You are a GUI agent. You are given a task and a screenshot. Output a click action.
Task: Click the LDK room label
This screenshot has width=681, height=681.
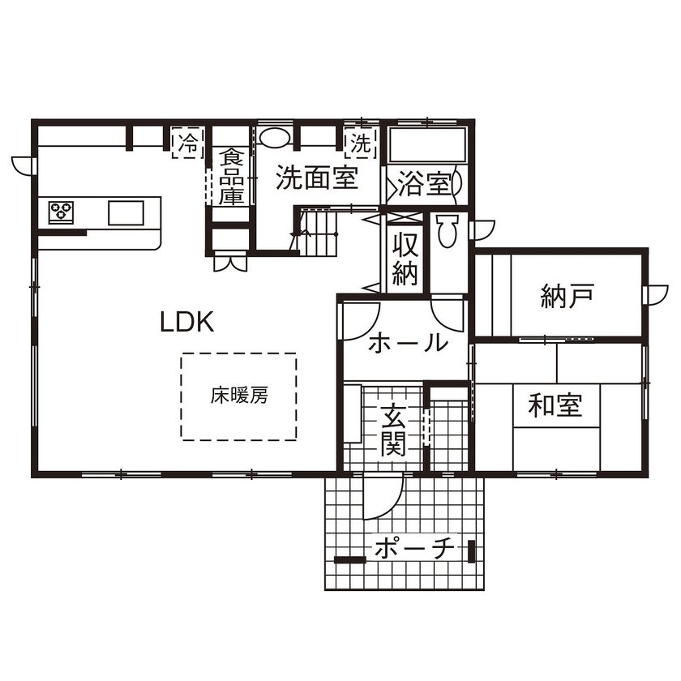point(186,323)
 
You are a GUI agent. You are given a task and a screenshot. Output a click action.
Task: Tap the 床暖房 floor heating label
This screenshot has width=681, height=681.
point(239,396)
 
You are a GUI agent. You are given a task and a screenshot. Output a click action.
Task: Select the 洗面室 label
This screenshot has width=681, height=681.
point(316,178)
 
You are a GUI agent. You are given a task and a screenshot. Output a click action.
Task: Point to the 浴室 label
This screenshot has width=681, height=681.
point(423,184)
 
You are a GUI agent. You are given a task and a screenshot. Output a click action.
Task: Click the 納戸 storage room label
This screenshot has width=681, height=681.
point(567,297)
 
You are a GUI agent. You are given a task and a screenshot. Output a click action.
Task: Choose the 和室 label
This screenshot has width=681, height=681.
point(555,404)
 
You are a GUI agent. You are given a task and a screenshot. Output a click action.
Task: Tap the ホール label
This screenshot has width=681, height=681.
point(408,343)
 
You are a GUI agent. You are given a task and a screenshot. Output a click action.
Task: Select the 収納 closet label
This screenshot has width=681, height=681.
point(405,259)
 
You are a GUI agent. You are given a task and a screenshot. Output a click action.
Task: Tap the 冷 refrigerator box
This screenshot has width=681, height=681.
point(187,144)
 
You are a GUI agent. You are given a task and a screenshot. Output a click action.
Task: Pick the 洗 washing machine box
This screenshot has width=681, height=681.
point(360,144)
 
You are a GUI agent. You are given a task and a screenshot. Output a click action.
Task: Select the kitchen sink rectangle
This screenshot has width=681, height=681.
point(126,212)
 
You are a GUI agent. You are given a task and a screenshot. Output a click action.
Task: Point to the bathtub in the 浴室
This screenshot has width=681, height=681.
point(427,146)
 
